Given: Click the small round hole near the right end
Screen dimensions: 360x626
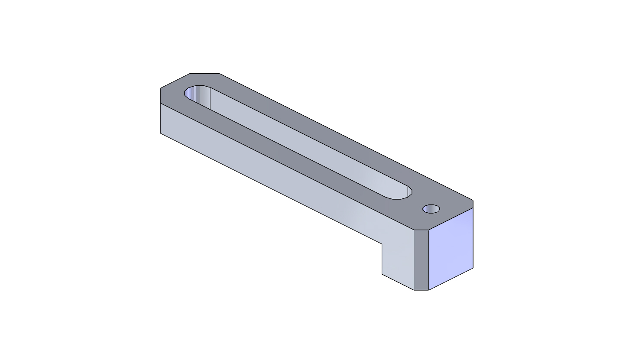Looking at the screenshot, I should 431,209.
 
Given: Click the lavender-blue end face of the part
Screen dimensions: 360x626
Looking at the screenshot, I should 451,249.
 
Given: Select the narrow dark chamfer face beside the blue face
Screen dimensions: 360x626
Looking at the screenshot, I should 421,260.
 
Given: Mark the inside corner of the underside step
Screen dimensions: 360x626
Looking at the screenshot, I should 382,244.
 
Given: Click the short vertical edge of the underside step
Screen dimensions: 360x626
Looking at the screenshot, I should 382,259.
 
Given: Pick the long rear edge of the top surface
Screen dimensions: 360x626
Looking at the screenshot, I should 347,137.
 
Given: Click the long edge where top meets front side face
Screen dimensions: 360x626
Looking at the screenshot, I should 286,166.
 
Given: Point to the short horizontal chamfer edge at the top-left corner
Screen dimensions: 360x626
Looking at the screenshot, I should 205,74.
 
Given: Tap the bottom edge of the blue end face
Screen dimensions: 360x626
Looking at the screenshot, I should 451,279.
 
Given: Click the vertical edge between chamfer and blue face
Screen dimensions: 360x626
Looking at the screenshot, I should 428,260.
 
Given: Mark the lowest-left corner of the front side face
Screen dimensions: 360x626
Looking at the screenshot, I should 160,133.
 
